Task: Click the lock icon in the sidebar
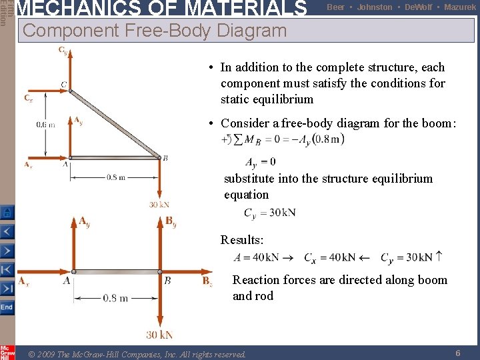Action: point(7,213)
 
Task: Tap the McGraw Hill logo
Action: point(7,351)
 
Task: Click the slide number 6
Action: point(458,353)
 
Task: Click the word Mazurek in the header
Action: point(460,7)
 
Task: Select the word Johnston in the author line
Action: point(375,7)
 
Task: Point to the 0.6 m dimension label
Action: point(46,124)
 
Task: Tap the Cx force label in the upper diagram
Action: point(28,99)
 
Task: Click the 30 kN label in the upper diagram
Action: point(159,204)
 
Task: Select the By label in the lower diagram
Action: point(171,221)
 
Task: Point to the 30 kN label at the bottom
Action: point(160,335)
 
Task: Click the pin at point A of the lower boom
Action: point(73,272)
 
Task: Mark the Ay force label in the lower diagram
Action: point(84,221)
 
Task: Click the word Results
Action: point(242,240)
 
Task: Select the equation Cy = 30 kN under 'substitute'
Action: point(269,213)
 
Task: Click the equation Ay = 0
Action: point(260,162)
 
